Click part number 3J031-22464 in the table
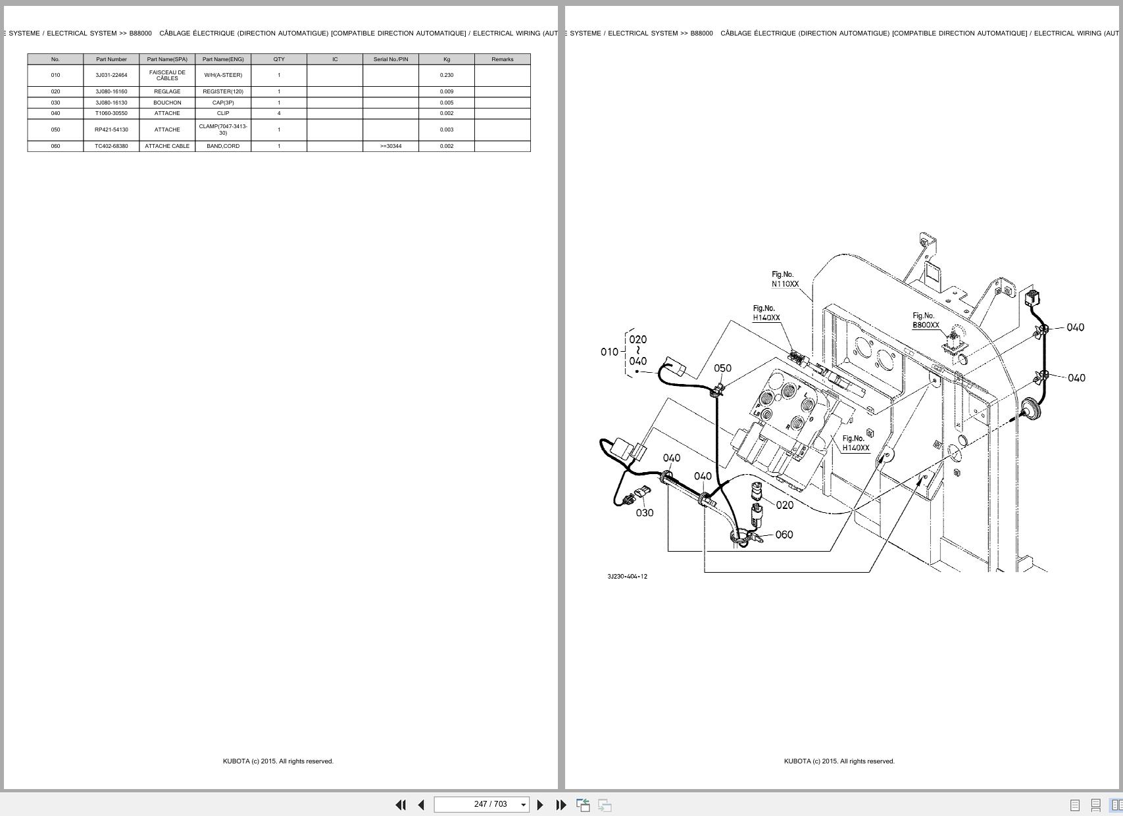[x=111, y=75]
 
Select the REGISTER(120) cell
[x=223, y=91]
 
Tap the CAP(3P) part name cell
[x=223, y=103]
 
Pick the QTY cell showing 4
[x=279, y=113]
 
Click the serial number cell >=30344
[x=391, y=146]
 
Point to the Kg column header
[x=447, y=59]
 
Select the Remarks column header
[x=503, y=59]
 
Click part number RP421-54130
[x=111, y=130]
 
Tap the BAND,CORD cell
[x=223, y=146]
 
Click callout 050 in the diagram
[x=722, y=368]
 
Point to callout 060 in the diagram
[x=784, y=535]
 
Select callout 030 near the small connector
[x=645, y=513]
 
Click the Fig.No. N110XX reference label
[x=785, y=279]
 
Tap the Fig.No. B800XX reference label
[x=926, y=320]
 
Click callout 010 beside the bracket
[x=609, y=352]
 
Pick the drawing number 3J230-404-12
[x=627, y=577]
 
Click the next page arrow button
[x=540, y=805]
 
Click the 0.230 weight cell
[x=447, y=75]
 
